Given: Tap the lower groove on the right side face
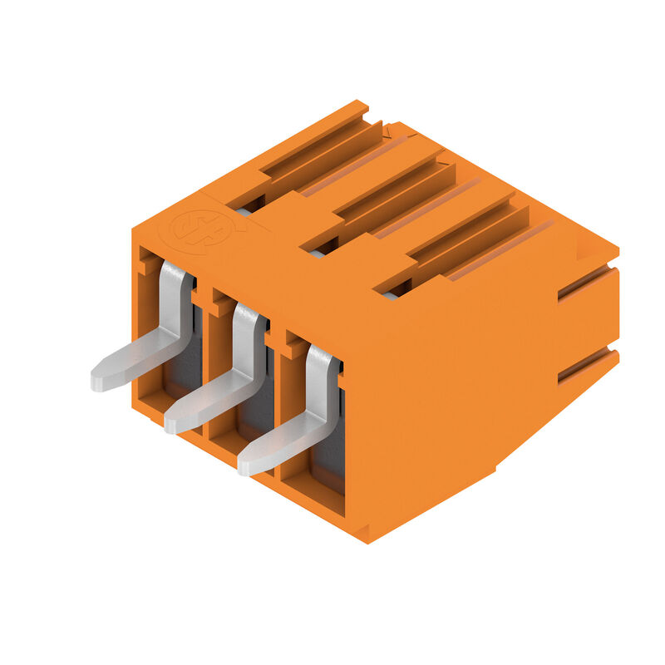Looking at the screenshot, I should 586,366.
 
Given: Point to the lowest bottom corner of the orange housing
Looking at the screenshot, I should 366,541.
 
